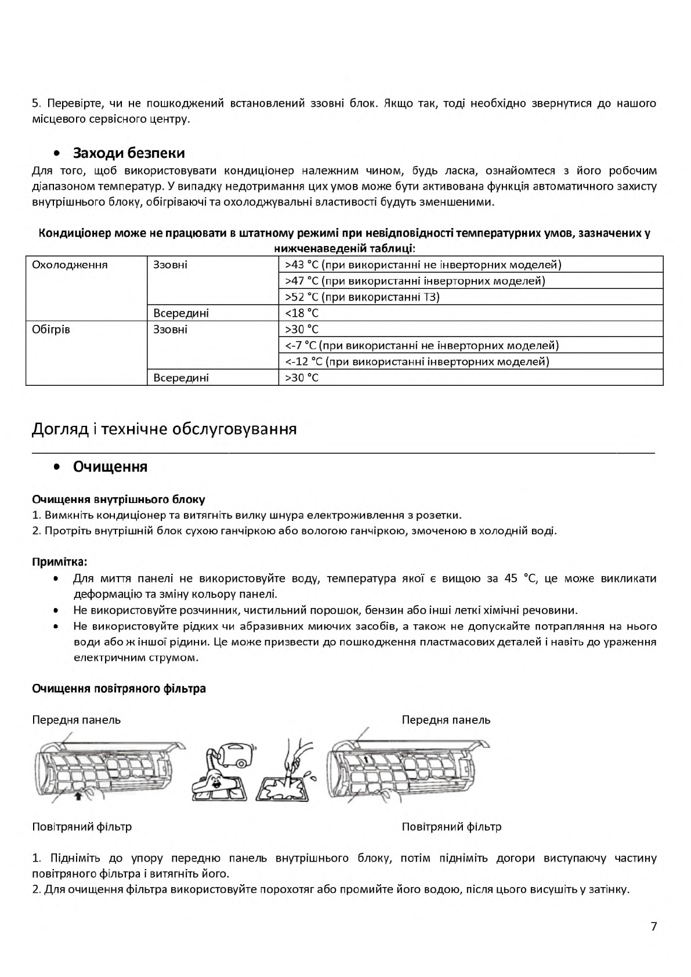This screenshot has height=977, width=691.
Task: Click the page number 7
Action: coord(654,927)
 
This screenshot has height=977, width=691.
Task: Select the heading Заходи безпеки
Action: coord(129,153)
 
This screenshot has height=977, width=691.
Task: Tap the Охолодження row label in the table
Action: coord(70,265)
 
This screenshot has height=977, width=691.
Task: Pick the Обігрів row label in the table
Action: coord(51,330)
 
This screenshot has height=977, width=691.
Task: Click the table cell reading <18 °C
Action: coord(302,313)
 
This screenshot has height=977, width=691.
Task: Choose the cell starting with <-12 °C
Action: coord(417,361)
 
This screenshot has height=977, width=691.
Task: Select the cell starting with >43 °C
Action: coord(423,265)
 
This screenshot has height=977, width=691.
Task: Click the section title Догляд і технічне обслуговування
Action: coord(164,429)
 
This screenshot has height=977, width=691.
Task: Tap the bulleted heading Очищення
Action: coord(110,467)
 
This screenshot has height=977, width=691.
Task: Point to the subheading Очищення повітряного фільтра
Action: coord(119,689)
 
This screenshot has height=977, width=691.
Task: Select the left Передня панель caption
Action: coord(77,720)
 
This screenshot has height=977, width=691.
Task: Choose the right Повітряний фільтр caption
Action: coord(451,827)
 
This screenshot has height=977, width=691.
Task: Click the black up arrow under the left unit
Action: coord(78,796)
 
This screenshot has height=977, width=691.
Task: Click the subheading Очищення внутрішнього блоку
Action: coord(118,500)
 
